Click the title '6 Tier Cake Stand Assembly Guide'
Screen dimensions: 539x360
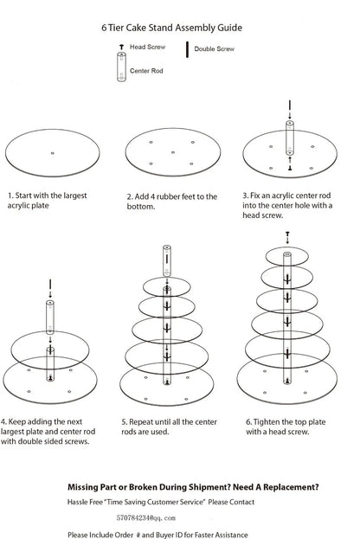(x=179, y=28)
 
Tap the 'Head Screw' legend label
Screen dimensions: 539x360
(x=148, y=47)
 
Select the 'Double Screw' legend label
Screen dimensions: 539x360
(x=215, y=50)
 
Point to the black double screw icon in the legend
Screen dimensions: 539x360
(x=188, y=49)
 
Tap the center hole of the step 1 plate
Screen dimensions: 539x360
(x=53, y=154)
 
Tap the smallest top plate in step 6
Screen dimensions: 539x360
(x=286, y=255)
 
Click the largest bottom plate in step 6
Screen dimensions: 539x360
(x=286, y=375)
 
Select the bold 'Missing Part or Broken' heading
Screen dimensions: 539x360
(x=193, y=486)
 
